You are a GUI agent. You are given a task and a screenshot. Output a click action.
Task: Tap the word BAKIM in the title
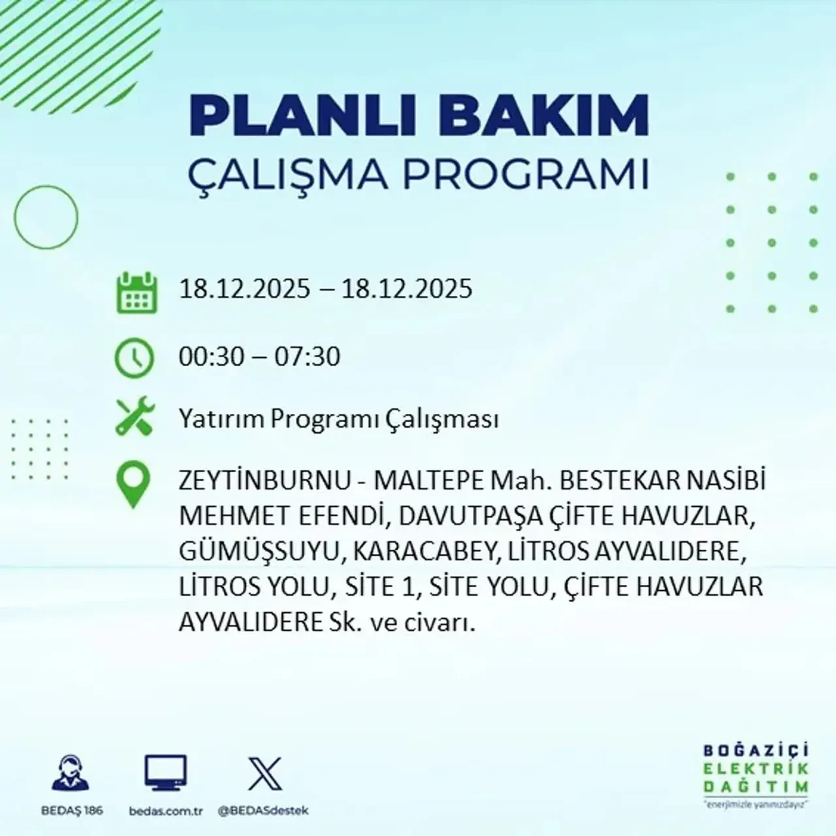pyautogui.click(x=530, y=116)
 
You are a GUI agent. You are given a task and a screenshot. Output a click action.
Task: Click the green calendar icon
pyautogui.click(x=137, y=292)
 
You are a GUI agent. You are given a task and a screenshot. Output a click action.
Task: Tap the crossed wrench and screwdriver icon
pyautogui.click(x=135, y=417)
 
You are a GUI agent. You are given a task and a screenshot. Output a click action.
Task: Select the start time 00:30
pyautogui.click(x=212, y=357)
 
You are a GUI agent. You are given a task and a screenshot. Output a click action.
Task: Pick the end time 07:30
pyautogui.click(x=308, y=357)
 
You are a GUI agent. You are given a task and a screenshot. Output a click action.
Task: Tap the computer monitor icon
pyautogui.click(x=165, y=774)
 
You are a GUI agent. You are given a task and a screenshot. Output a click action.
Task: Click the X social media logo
pyautogui.click(x=265, y=774)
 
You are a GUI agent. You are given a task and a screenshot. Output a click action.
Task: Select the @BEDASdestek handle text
pyautogui.click(x=263, y=811)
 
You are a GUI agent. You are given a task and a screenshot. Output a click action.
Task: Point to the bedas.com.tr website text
pyautogui.click(x=166, y=811)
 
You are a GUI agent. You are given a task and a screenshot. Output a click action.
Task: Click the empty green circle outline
pyautogui.click(x=46, y=217)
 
